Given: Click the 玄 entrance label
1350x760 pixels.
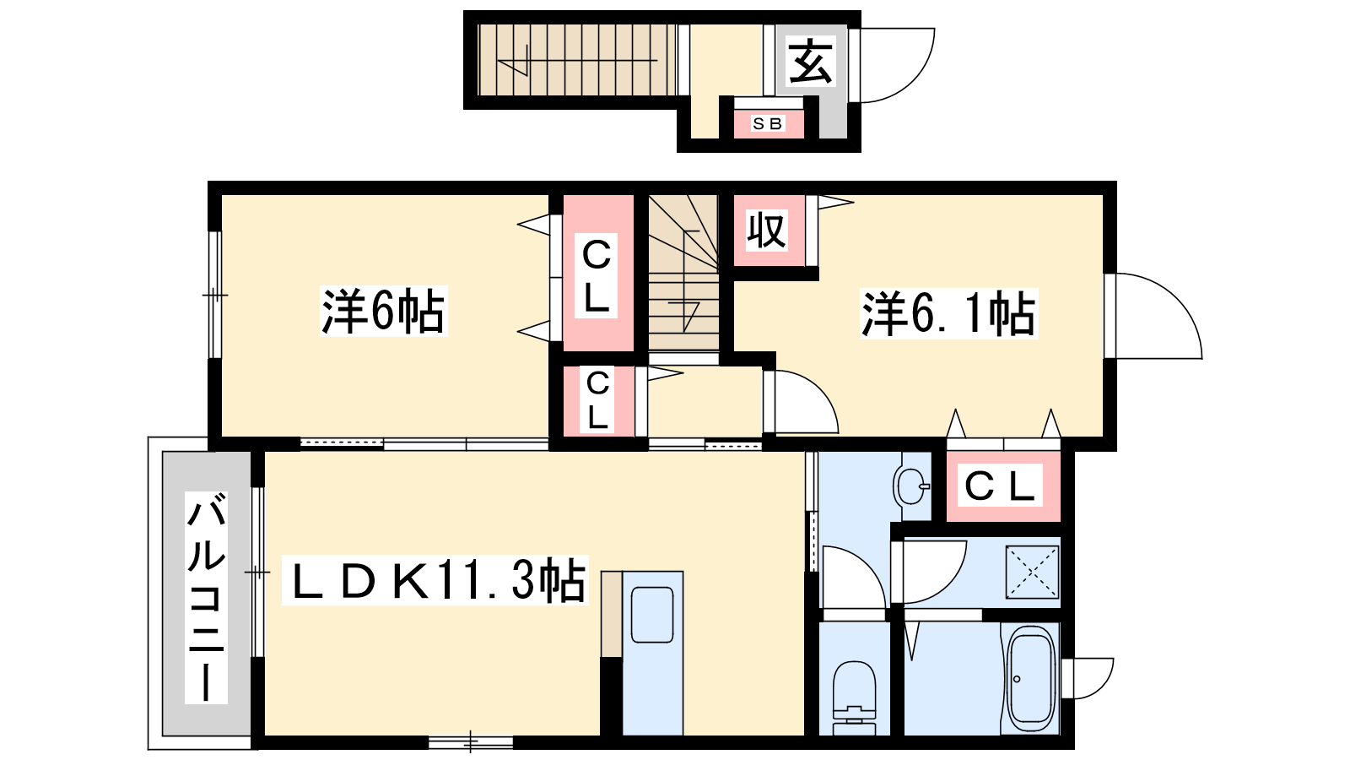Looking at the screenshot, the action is pyautogui.click(x=810, y=61).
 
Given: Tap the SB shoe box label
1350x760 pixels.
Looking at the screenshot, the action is pyautogui.click(x=768, y=123).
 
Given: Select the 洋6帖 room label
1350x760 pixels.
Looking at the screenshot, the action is pyautogui.click(x=383, y=312).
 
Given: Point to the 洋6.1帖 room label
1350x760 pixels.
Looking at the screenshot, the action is pyautogui.click(x=948, y=313).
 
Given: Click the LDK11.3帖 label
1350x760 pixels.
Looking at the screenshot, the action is pyautogui.click(x=435, y=580).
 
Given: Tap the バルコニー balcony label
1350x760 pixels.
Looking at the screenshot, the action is pyautogui.click(x=206, y=598).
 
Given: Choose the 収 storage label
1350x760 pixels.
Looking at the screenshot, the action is pyautogui.click(x=767, y=230).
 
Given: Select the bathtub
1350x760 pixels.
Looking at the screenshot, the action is pyautogui.click(x=1031, y=680).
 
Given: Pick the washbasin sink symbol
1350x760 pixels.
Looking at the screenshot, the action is pyautogui.click(x=912, y=486).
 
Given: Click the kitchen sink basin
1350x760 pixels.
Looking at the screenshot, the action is pyautogui.click(x=652, y=615).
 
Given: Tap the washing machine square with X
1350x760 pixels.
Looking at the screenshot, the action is pyautogui.click(x=1033, y=573).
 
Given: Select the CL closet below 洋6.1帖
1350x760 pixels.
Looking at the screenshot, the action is pyautogui.click(x=1003, y=486).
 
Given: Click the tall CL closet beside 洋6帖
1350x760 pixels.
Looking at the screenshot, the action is pyautogui.click(x=598, y=274).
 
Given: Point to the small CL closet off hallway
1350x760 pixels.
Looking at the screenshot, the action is pyautogui.click(x=598, y=401).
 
